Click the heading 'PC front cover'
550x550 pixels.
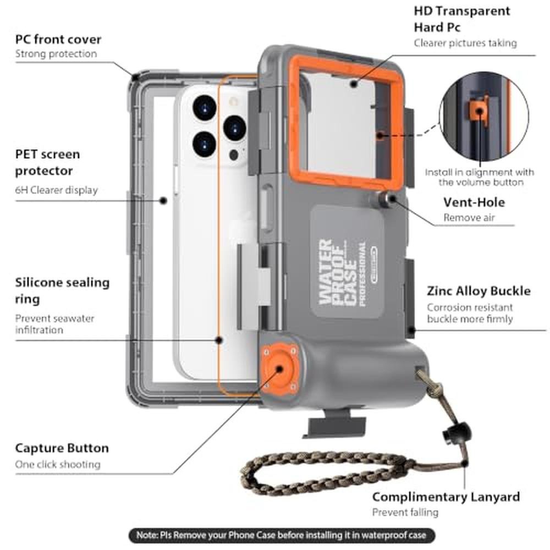click(58, 39)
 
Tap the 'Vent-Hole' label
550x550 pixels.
click(474, 202)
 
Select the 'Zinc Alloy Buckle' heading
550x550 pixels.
click(479, 291)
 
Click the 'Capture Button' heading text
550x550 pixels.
click(62, 448)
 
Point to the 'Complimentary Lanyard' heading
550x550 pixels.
click(446, 497)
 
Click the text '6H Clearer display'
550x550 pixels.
click(57, 190)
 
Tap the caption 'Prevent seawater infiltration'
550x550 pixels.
click(54, 324)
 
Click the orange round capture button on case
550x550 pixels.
click(279, 369)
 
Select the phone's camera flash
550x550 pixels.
click(233, 102)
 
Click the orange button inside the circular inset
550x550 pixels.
click(479, 111)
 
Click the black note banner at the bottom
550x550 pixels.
click(282, 535)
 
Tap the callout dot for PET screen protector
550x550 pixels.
click(163, 201)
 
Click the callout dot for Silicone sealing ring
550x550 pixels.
click(219, 340)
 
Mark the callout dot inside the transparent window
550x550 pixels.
click(354, 84)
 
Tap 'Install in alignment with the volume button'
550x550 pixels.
click(480, 177)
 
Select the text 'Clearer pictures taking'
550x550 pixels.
click(465, 43)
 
